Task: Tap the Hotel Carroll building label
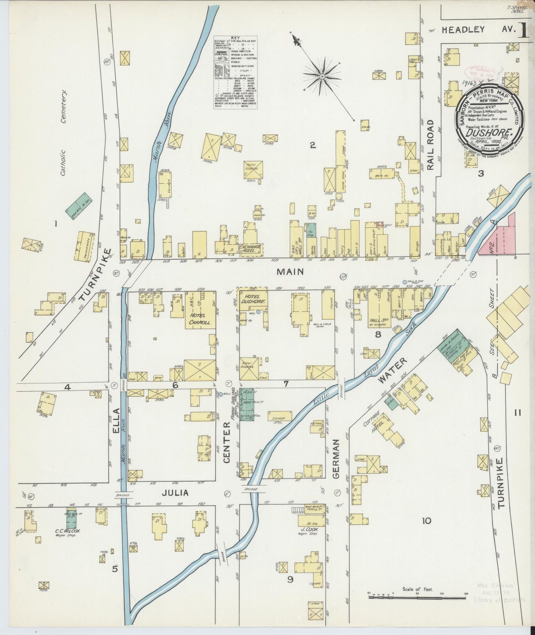(x=200, y=319)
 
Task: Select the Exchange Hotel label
(x=250, y=249)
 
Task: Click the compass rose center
(x=322, y=76)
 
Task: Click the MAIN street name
(x=290, y=272)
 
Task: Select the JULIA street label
(x=174, y=493)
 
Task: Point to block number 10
(x=426, y=521)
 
